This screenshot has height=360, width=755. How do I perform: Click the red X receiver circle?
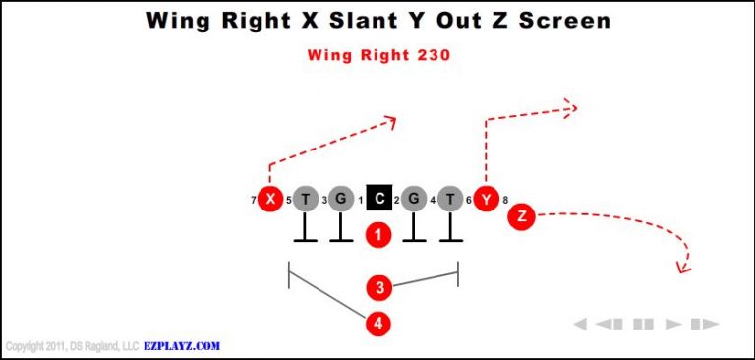point(268,200)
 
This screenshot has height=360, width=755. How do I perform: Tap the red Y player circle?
point(485,200)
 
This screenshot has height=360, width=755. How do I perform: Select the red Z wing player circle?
point(521,217)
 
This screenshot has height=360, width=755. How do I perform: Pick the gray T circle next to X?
point(306,200)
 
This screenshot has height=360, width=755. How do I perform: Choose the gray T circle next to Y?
point(450,200)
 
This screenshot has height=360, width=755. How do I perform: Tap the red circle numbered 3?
point(379,287)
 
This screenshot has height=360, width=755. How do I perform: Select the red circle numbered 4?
point(379,323)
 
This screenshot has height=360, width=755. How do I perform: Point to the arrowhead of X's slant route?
point(391,121)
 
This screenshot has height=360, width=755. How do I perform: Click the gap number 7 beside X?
point(253,201)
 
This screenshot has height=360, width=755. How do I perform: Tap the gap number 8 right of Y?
point(505,201)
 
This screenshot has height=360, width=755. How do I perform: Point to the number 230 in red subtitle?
point(433,55)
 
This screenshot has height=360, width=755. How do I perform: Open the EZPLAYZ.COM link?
point(182,346)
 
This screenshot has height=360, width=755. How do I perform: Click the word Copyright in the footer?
point(28,346)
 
